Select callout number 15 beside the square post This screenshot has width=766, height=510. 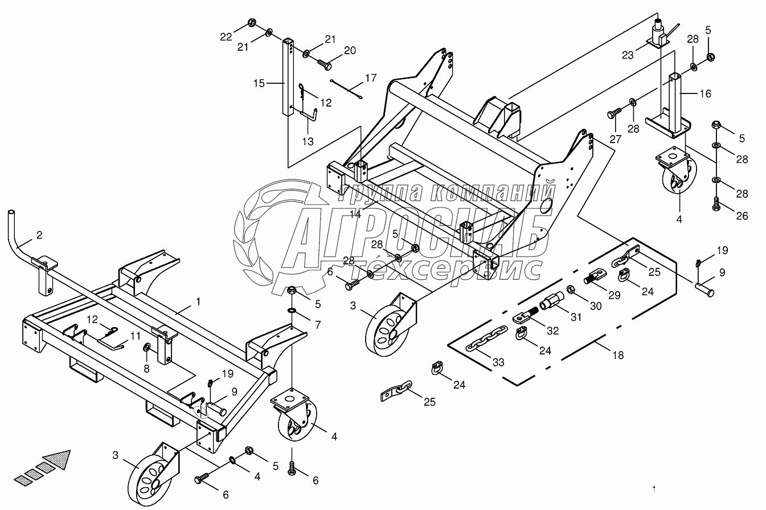[x=260, y=84]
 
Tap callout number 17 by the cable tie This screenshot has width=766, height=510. [x=371, y=77]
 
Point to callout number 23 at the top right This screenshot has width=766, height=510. [x=628, y=55]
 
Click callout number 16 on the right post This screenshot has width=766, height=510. [x=705, y=93]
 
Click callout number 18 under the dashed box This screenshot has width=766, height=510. [x=617, y=355]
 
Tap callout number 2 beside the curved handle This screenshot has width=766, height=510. [x=39, y=235]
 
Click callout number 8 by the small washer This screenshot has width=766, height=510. [x=146, y=369]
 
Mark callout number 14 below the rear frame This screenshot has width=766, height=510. [x=356, y=214]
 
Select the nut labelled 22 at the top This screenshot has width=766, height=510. [x=252, y=23]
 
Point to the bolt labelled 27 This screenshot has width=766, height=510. [x=612, y=116]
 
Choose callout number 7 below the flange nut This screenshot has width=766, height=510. [x=317, y=324]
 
